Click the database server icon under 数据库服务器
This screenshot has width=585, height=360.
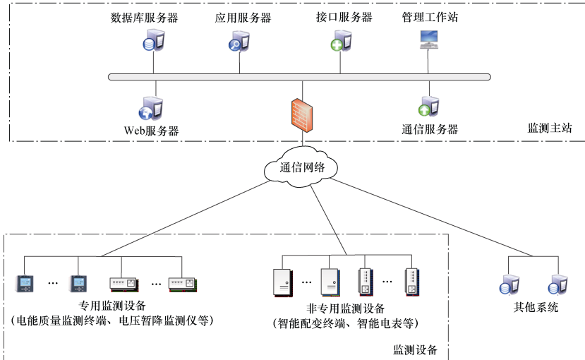pyautogui.click(x=152, y=42)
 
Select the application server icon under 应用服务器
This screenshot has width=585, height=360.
pyautogui.click(x=239, y=42)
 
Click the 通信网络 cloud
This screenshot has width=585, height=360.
pyautogui.click(x=302, y=167)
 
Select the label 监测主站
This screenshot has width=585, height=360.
pyautogui.click(x=550, y=128)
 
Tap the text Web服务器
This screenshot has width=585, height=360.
pyautogui.click(x=151, y=131)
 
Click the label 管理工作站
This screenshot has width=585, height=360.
pyautogui.click(x=430, y=17)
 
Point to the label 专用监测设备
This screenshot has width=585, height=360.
pyautogui.click(x=113, y=306)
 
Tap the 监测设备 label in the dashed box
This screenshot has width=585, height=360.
pyautogui.click(x=416, y=349)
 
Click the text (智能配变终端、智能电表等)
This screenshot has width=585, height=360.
pyautogui.click(x=346, y=324)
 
